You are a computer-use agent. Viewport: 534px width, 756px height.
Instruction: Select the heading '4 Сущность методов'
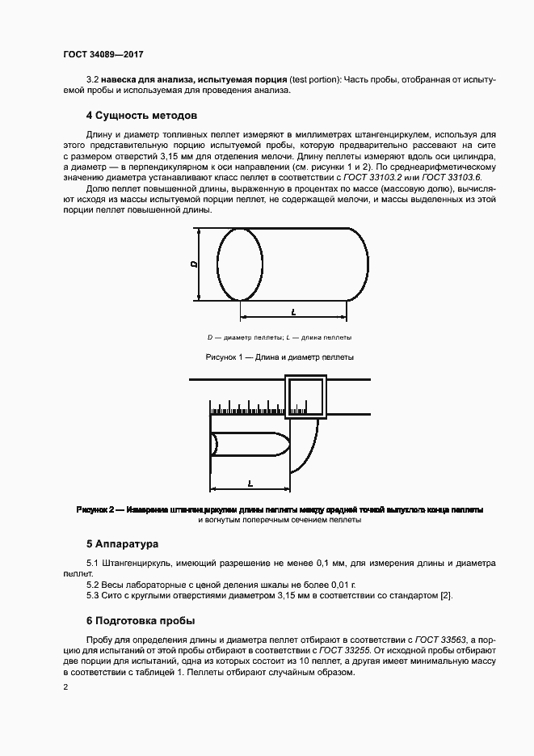coord(142,116)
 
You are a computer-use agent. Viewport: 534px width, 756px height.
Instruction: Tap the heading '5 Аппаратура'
coord(122,543)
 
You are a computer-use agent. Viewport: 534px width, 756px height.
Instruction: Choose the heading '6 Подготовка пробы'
coord(140,622)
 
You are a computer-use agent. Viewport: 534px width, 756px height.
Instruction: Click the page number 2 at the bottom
coord(65,688)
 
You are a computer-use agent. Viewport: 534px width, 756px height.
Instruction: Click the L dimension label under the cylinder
coord(292,310)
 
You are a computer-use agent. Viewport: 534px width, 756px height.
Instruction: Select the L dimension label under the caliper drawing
coord(250,483)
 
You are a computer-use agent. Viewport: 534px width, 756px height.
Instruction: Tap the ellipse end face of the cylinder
coord(239,264)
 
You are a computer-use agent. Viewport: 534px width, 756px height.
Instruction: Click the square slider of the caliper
coord(306,398)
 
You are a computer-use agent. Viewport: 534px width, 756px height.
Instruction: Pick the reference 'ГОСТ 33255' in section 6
coord(338,651)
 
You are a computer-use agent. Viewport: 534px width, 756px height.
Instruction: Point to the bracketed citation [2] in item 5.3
coord(446,596)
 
